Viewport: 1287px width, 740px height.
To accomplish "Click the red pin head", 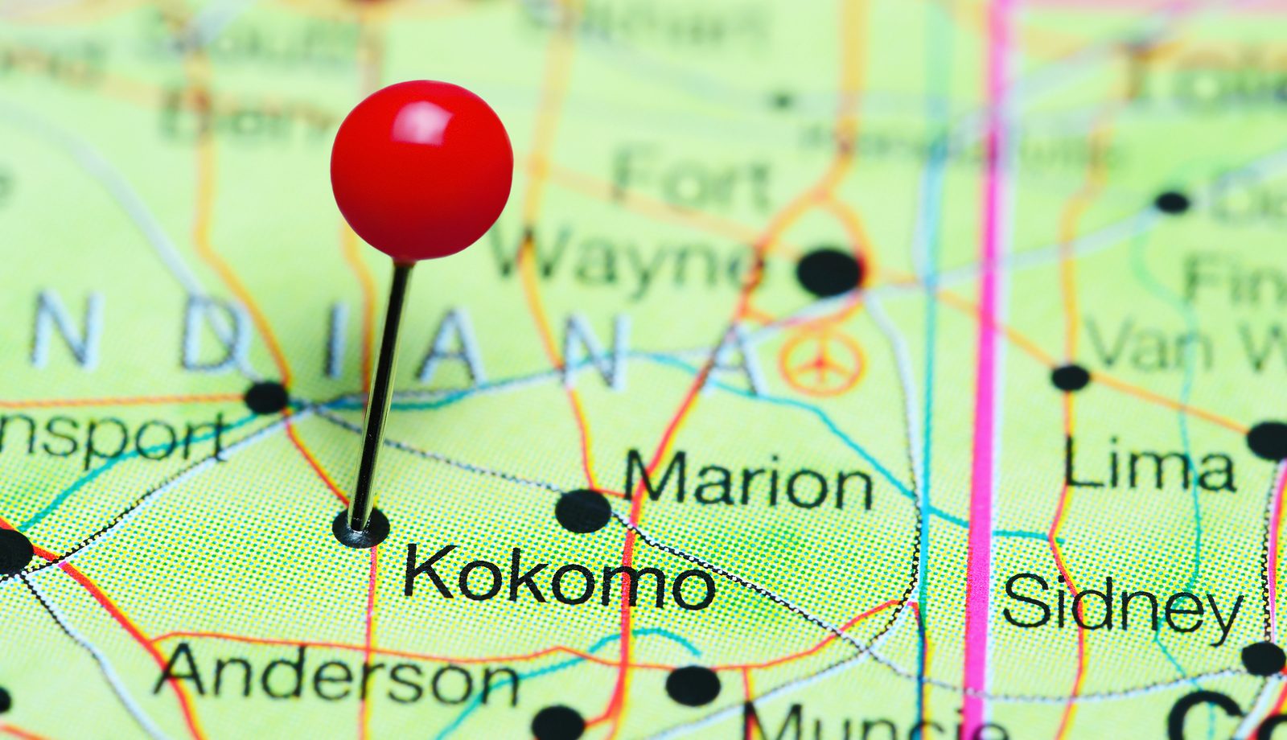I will click(x=421, y=171).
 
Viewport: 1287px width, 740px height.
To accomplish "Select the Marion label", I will click(x=748, y=480).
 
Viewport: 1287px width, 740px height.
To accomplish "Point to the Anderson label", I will click(x=336, y=674).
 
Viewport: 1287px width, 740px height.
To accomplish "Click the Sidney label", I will click(x=1121, y=603).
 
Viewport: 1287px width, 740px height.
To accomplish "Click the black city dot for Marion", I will click(x=582, y=511).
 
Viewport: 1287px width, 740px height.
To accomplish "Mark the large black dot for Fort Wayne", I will click(x=829, y=272).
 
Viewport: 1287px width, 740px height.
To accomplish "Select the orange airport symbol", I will click(x=821, y=363).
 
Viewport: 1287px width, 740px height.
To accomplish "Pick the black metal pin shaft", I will click(x=381, y=394).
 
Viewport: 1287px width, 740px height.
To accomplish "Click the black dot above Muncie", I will click(x=693, y=685).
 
